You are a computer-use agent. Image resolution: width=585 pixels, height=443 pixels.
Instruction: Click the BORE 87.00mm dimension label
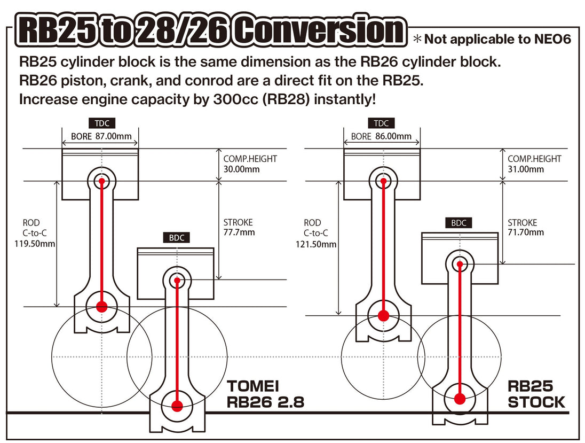click(x=101, y=136)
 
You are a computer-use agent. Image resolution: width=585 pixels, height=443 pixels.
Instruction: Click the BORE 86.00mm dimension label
click(x=381, y=136)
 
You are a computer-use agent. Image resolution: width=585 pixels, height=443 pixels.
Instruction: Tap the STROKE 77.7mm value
click(x=239, y=227)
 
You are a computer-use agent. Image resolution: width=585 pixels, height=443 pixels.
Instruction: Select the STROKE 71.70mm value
click(x=525, y=227)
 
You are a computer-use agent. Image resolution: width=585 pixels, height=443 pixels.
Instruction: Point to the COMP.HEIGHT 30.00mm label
click(x=250, y=164)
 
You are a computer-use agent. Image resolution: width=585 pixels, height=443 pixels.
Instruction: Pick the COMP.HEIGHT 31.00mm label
click(x=534, y=164)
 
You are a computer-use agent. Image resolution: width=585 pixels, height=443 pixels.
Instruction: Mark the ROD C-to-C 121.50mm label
click(x=315, y=234)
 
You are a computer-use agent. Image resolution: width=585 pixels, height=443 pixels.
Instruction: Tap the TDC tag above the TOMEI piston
click(x=101, y=123)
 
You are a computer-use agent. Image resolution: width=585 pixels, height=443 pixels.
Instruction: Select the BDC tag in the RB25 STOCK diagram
click(x=458, y=223)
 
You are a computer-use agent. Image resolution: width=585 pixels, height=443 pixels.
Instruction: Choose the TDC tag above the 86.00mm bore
click(x=381, y=123)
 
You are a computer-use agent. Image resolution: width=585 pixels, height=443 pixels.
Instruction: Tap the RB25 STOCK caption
click(x=536, y=394)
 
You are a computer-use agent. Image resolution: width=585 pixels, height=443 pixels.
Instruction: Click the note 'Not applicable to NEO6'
click(x=492, y=38)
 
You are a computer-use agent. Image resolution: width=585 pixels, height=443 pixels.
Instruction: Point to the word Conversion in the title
click(x=318, y=31)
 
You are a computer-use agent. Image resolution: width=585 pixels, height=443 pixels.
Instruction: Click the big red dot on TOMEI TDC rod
click(x=101, y=306)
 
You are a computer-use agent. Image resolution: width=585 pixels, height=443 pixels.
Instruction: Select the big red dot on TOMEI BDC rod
click(x=177, y=406)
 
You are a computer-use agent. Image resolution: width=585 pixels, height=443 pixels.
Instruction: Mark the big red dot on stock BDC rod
click(x=458, y=398)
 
